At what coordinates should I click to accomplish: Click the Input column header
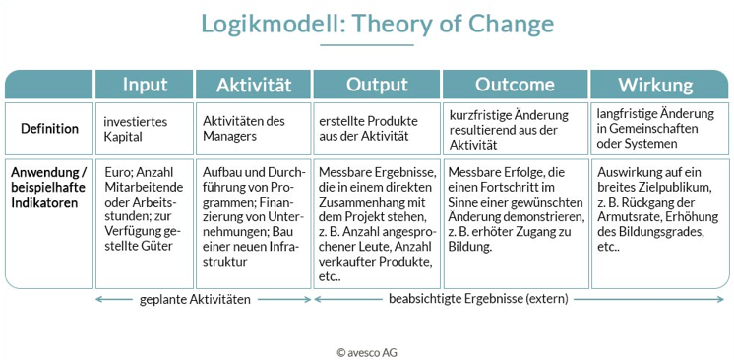click(144, 85)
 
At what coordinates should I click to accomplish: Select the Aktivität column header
click(253, 85)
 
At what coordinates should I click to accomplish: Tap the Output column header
click(377, 85)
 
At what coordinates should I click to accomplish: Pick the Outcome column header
click(515, 85)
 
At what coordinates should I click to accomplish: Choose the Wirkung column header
click(655, 85)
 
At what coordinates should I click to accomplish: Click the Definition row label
click(49, 129)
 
